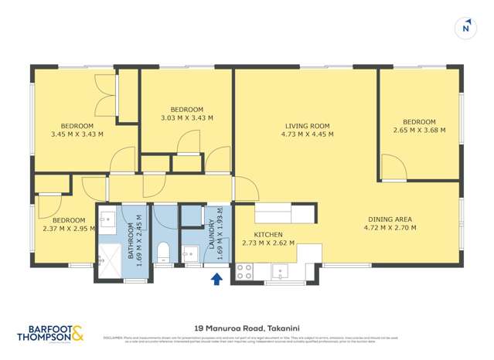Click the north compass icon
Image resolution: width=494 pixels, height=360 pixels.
(465, 28)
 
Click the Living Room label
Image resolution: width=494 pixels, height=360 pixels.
(307, 125)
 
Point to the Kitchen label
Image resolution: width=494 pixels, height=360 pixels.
(268, 234)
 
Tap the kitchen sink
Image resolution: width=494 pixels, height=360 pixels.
(280, 271)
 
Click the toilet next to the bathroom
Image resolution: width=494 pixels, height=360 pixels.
(163, 251)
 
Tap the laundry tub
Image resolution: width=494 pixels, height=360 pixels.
(189, 253)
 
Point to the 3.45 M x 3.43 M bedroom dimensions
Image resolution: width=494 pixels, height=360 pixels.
(77, 134)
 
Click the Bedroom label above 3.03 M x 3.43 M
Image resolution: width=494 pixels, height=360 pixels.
(186, 109)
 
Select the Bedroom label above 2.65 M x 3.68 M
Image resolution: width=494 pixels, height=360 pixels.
(418, 122)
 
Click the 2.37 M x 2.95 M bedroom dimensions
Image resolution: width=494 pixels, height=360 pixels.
(69, 228)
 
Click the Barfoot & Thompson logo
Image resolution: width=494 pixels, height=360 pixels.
(51, 334)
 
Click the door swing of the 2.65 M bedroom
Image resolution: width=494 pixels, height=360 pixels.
(393, 169)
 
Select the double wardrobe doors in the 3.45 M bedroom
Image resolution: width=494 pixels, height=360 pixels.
(105, 107)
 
